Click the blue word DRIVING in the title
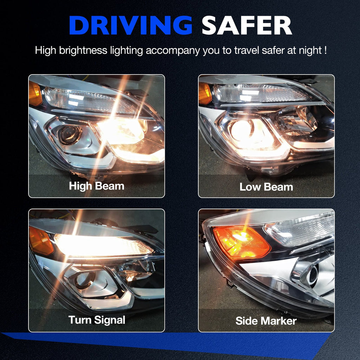130,25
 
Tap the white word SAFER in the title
246,25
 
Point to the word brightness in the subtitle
83,51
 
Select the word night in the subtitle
310,51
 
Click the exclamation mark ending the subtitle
326,50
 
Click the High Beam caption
97,186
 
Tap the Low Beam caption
266,187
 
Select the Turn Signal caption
97,320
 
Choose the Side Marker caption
266,321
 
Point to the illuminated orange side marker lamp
241,243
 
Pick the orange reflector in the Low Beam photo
205,93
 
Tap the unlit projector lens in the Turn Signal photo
84,281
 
